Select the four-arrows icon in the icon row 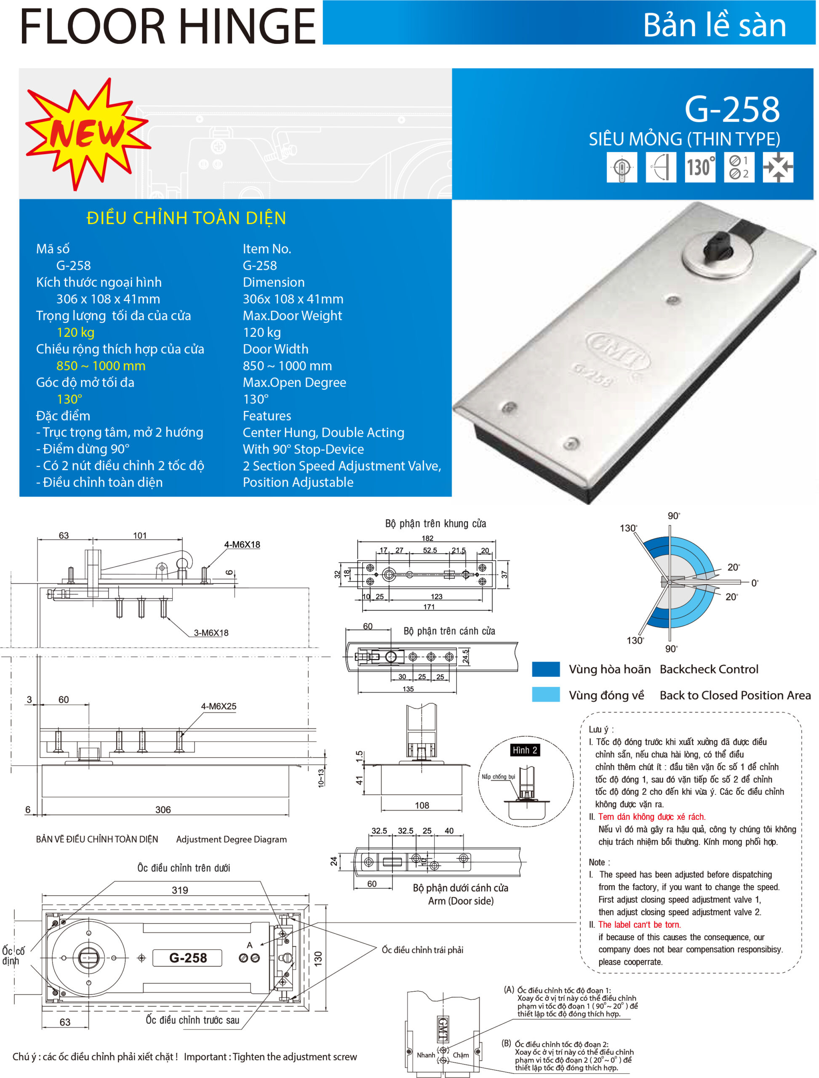point(778,167)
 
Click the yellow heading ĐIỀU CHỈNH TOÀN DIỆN point(186,218)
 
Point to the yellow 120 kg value point(75,333)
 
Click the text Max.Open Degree point(294,383)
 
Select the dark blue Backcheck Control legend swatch point(546,670)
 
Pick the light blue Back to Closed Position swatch point(546,695)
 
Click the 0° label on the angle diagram point(754,583)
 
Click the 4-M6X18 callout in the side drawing point(242,544)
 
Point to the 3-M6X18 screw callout point(211,633)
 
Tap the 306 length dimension point(163,810)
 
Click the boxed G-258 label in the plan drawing point(188,958)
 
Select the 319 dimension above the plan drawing point(180,890)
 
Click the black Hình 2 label point(525,750)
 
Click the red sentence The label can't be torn point(639,925)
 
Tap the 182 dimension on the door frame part point(427,538)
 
